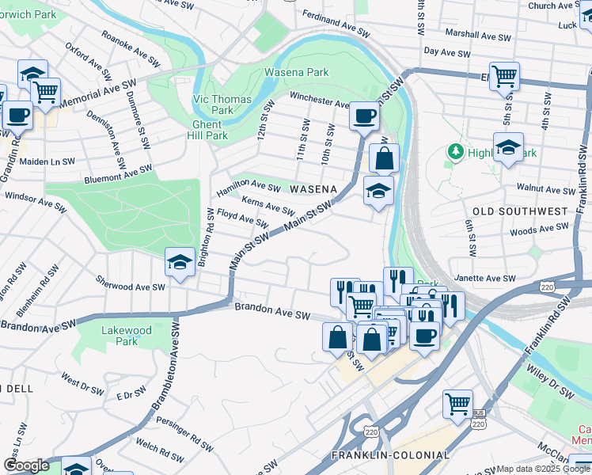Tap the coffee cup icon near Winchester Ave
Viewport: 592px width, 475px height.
click(x=364, y=116)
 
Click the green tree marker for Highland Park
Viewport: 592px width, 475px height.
click(x=455, y=150)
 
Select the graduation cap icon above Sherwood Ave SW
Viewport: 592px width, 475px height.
click(x=180, y=261)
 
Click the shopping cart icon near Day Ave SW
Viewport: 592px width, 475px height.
click(x=504, y=77)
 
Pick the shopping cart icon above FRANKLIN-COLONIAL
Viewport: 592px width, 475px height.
click(x=457, y=404)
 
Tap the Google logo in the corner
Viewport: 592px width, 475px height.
click(x=26, y=465)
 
